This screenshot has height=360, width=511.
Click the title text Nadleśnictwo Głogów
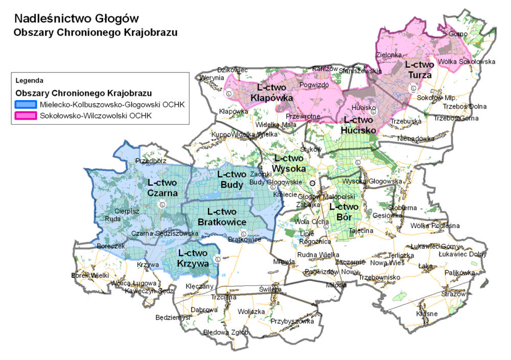[x=77, y=19]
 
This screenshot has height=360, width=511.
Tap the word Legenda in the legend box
[x=30, y=81]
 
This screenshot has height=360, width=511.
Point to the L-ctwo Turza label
[x=419, y=70]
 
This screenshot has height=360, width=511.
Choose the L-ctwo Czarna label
[x=162, y=188]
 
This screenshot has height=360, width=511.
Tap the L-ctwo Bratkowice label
[x=222, y=217]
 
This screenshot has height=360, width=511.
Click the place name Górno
[x=457, y=34]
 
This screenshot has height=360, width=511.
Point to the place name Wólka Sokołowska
[x=467, y=62]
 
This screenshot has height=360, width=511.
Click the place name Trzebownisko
[x=380, y=277]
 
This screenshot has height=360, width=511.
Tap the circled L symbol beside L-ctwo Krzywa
[x=218, y=259]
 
